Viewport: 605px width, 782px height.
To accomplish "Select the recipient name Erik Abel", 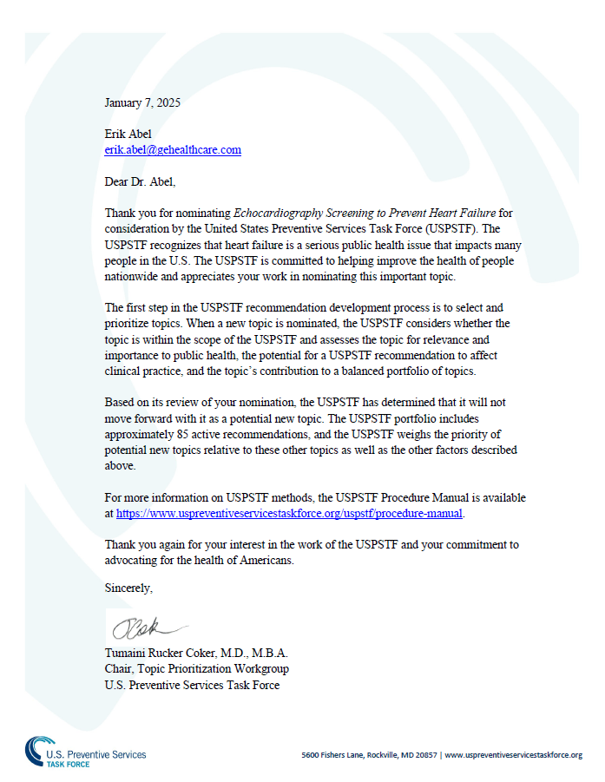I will [128, 135].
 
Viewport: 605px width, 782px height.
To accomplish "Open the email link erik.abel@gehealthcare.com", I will [173, 149].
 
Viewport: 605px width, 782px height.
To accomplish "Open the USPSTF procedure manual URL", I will [290, 513].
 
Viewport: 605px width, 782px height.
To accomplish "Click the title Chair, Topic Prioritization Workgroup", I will [196, 668].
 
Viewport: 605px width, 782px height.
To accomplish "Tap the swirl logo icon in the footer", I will [37, 750].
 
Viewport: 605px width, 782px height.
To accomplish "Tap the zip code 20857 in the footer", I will [424, 755].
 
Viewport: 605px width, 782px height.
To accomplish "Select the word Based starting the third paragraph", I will [119, 404].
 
